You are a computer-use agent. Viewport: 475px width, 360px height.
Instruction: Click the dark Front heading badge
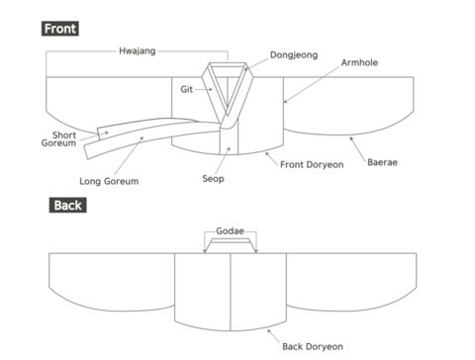60,29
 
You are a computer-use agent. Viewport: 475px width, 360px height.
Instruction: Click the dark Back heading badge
68,205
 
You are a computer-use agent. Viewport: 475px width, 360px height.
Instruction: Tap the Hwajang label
138,51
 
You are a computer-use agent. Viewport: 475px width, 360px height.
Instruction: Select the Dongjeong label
294,55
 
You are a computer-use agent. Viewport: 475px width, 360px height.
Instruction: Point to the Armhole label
359,62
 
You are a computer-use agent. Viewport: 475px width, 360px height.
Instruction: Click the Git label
186,89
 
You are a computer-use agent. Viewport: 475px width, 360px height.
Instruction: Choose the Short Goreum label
59,139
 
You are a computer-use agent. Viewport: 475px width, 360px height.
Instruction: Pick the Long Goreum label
109,181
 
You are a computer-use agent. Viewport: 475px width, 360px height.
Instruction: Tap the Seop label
213,179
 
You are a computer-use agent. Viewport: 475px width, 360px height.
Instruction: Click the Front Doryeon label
312,164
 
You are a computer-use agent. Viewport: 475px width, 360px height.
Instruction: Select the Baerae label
382,162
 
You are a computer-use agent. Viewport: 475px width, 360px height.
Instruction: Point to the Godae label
230,231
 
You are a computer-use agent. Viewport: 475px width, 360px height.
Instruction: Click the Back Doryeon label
313,346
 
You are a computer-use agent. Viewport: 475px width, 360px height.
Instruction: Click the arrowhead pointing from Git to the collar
211,89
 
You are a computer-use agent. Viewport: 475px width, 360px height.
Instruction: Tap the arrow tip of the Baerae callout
350,137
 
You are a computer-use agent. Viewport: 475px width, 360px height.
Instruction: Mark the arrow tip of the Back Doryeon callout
268,329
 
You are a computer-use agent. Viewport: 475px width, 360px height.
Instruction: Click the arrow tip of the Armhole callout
285,103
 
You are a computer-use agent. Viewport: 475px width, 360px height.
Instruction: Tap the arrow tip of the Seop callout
230,147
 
